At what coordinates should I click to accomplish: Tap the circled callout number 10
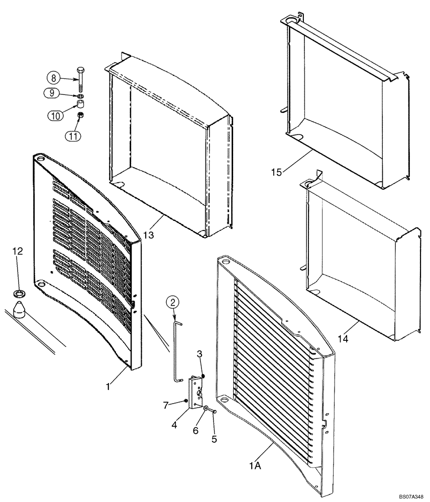(x=56, y=115)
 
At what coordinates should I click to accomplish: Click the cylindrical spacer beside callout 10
(x=79, y=104)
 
